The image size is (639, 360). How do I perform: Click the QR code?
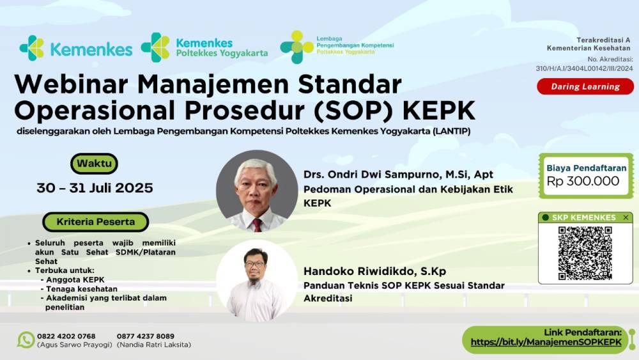pyautogui.click(x=585, y=253)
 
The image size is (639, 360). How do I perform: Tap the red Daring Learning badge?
pyautogui.click(x=585, y=86)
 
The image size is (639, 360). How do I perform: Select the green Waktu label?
pyautogui.click(x=94, y=164)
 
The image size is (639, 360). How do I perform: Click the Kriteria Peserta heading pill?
pyautogui.click(x=96, y=222)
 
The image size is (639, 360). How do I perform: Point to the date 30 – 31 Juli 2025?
pyautogui.click(x=95, y=188)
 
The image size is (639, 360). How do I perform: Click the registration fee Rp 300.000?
pyautogui.click(x=583, y=181)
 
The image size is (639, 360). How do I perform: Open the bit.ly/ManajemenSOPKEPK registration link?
pyautogui.click(x=546, y=342)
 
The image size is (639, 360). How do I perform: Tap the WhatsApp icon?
pyautogui.click(x=26, y=340)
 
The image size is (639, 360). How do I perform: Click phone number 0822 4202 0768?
pyautogui.click(x=66, y=336)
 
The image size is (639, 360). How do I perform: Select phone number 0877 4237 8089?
pyautogui.click(x=146, y=336)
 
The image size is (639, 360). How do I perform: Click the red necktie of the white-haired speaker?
pyautogui.click(x=257, y=224)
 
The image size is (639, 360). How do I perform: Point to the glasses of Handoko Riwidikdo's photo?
pyautogui.click(x=255, y=264)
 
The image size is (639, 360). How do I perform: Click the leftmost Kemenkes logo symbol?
pyautogui.click(x=32, y=48)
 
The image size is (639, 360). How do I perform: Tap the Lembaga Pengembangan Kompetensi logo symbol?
pyautogui.click(x=296, y=47)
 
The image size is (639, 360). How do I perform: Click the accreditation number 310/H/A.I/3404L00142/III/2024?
pyautogui.click(x=584, y=68)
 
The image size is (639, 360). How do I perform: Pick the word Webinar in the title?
pyautogui.click(x=72, y=84)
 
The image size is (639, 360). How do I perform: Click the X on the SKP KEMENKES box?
pyautogui.click(x=626, y=217)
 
